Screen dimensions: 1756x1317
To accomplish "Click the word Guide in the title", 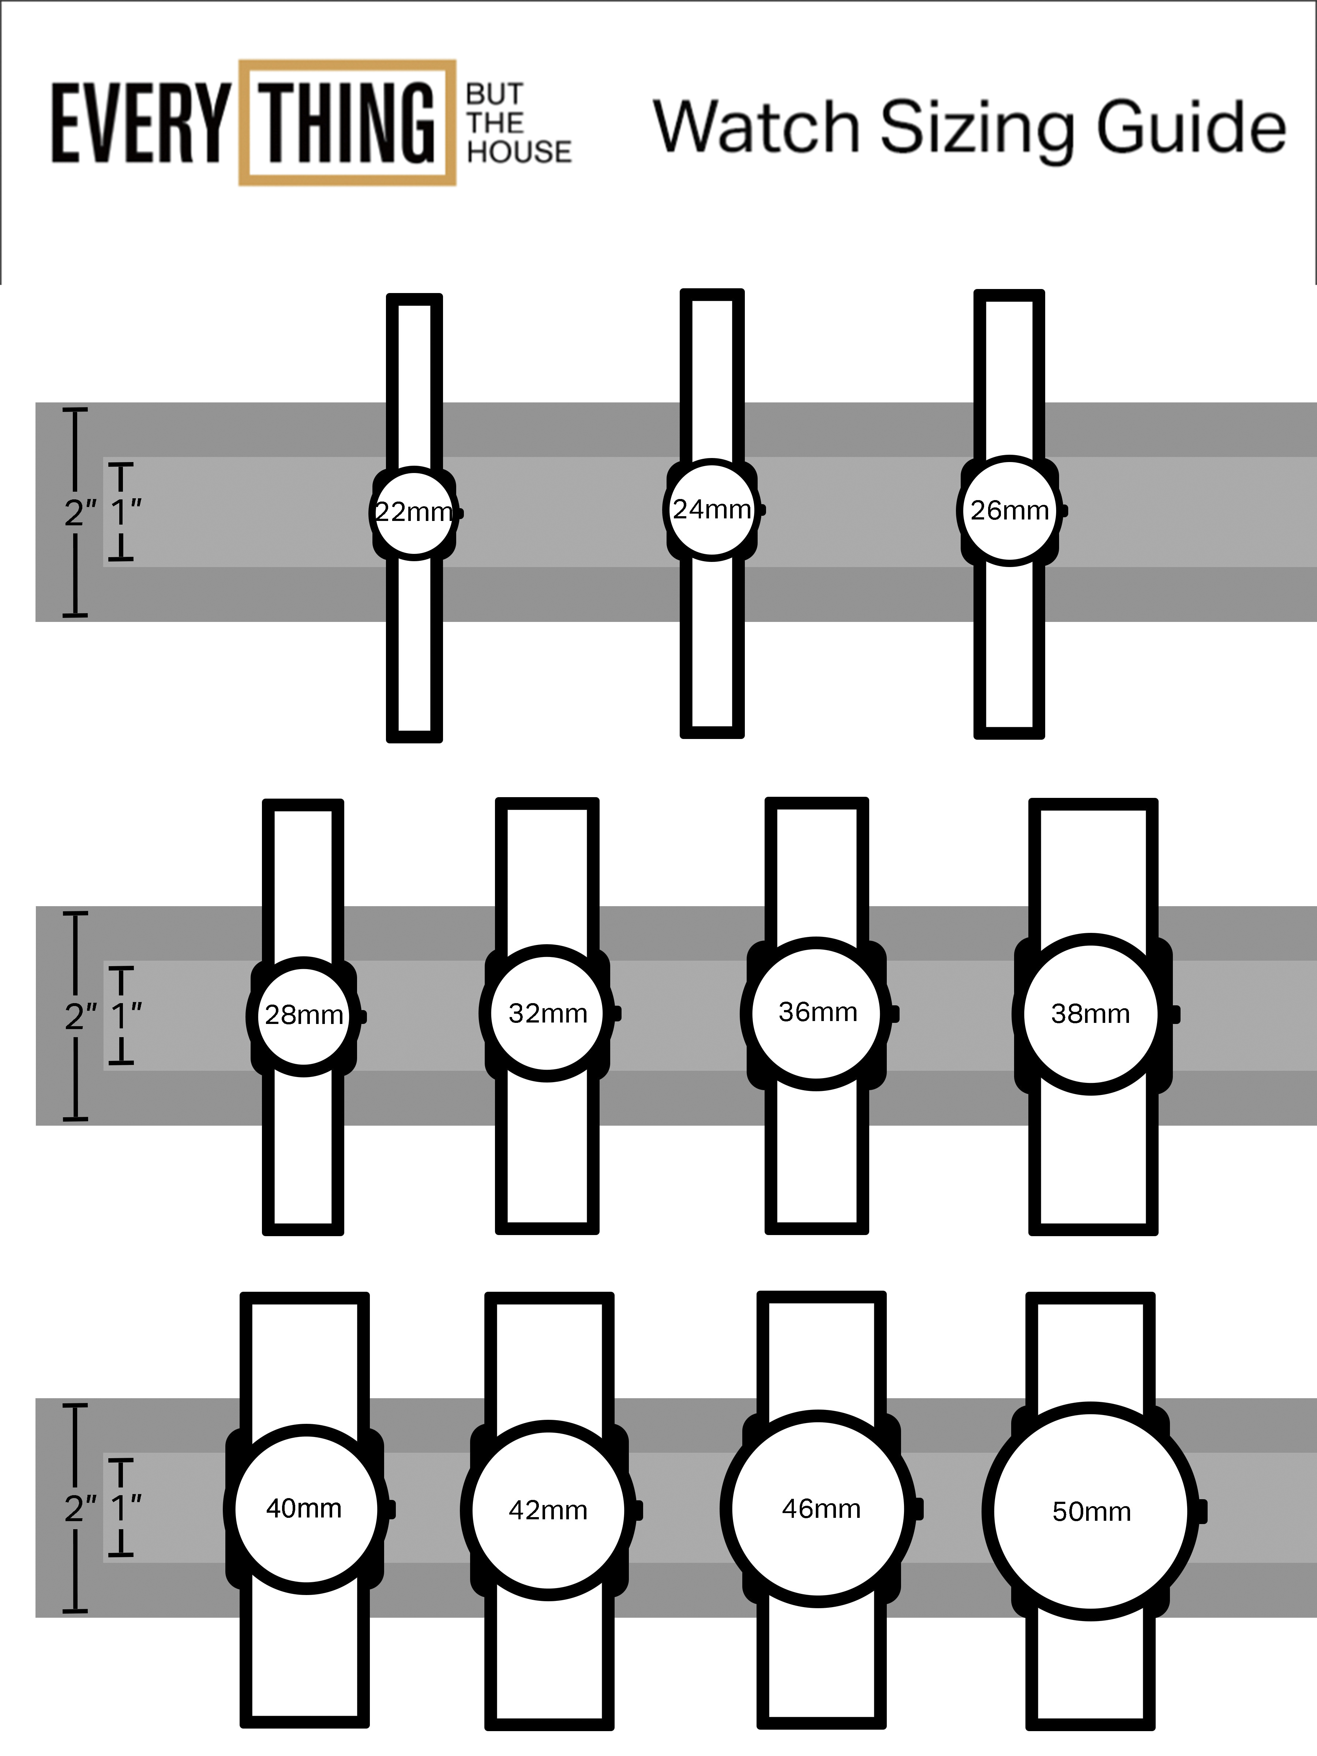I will point(1191,127).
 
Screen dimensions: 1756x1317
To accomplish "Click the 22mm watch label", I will point(414,512).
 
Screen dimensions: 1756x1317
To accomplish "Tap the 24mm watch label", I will point(711,509).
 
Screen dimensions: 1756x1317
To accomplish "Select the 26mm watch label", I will point(1009,510).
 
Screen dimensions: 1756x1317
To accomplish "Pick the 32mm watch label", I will point(548,1013).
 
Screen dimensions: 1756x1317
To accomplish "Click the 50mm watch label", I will point(1092,1511).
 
